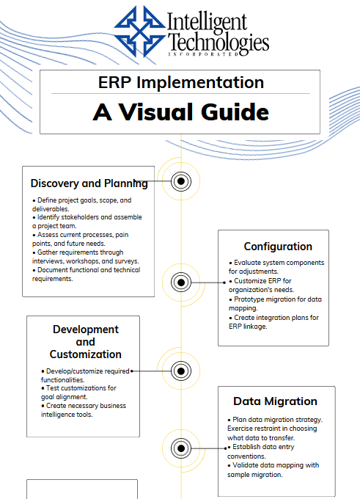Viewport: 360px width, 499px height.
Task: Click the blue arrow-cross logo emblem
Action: pyautogui.click(x=140, y=31)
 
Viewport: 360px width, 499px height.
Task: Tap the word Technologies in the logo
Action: pyautogui.click(x=218, y=43)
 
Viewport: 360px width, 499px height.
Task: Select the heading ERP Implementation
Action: pyautogui.click(x=181, y=82)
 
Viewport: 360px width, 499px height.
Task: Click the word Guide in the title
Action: pyautogui.click(x=235, y=112)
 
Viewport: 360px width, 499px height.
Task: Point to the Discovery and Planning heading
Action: pyautogui.click(x=89, y=183)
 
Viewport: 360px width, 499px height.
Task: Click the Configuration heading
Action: pyautogui.click(x=278, y=247)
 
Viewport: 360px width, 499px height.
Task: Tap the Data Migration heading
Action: pyautogui.click(x=275, y=401)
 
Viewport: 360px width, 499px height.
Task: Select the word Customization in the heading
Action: pyautogui.click(x=86, y=354)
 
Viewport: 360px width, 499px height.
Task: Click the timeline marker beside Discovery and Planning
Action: pyautogui.click(x=181, y=181)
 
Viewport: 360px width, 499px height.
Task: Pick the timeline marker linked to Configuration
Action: pyautogui.click(x=181, y=283)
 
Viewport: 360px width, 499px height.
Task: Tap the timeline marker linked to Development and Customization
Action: pyautogui.click(x=181, y=371)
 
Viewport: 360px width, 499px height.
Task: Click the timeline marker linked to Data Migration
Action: pyautogui.click(x=181, y=448)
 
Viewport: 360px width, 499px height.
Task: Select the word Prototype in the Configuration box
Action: pyautogui.click(x=249, y=299)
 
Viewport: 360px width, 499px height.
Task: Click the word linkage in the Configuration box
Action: pyautogui.click(x=254, y=327)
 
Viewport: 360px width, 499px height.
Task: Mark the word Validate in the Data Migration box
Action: pyautogui.click(x=245, y=465)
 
